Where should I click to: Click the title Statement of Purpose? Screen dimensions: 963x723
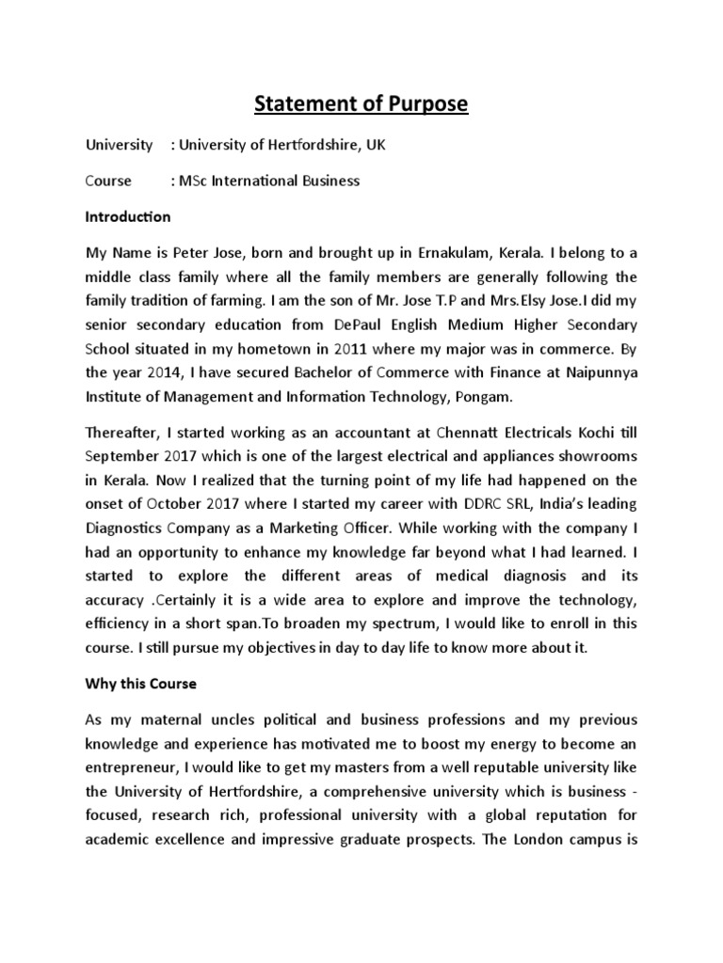(x=361, y=103)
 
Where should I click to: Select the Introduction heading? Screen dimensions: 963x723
(x=128, y=217)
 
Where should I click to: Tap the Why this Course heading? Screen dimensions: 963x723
(x=144, y=684)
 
